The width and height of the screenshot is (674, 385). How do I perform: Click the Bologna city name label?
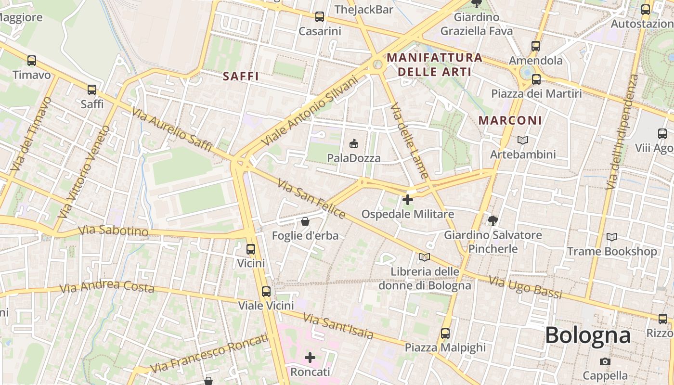pyautogui.click(x=587, y=335)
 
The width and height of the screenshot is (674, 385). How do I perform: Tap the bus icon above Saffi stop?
pyautogui.click(x=91, y=90)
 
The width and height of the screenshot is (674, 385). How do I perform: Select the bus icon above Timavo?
pyautogui.click(x=32, y=61)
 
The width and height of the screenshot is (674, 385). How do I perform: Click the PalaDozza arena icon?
pyautogui.click(x=354, y=143)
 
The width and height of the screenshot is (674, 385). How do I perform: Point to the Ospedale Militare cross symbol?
pyautogui.click(x=408, y=199)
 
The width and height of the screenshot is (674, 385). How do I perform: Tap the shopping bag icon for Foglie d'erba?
pyautogui.click(x=305, y=221)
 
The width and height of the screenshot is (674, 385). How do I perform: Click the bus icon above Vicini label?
pyautogui.click(x=250, y=249)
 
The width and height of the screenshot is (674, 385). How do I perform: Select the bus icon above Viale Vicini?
pyautogui.click(x=266, y=291)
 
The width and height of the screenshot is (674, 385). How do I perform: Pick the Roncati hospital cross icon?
pyautogui.click(x=310, y=358)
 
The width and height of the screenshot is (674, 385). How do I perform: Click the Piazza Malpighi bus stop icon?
pyautogui.click(x=445, y=333)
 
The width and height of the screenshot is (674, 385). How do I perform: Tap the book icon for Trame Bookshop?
pyautogui.click(x=611, y=237)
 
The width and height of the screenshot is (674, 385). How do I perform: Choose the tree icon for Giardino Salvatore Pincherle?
pyautogui.click(x=493, y=221)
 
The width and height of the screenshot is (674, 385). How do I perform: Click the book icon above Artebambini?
pyautogui.click(x=522, y=140)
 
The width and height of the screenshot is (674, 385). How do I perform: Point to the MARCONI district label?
pyautogui.click(x=510, y=120)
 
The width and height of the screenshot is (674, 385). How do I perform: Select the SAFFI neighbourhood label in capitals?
pyautogui.click(x=241, y=76)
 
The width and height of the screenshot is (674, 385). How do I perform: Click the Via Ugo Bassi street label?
pyautogui.click(x=525, y=287)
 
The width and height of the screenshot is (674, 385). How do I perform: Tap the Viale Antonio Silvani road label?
pyautogui.click(x=309, y=111)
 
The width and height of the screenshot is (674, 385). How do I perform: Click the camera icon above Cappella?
pyautogui.click(x=605, y=361)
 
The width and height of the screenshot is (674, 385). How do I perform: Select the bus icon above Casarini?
pyautogui.click(x=319, y=17)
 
